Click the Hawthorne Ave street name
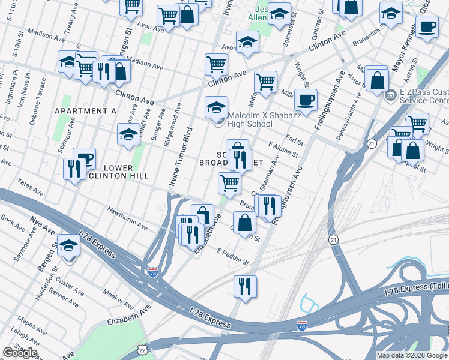pos(127,219)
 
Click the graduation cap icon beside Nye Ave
pos(68,245)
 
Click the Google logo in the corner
pos(20,352)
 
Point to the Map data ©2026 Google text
pos(412,355)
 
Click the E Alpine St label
pos(283,149)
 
